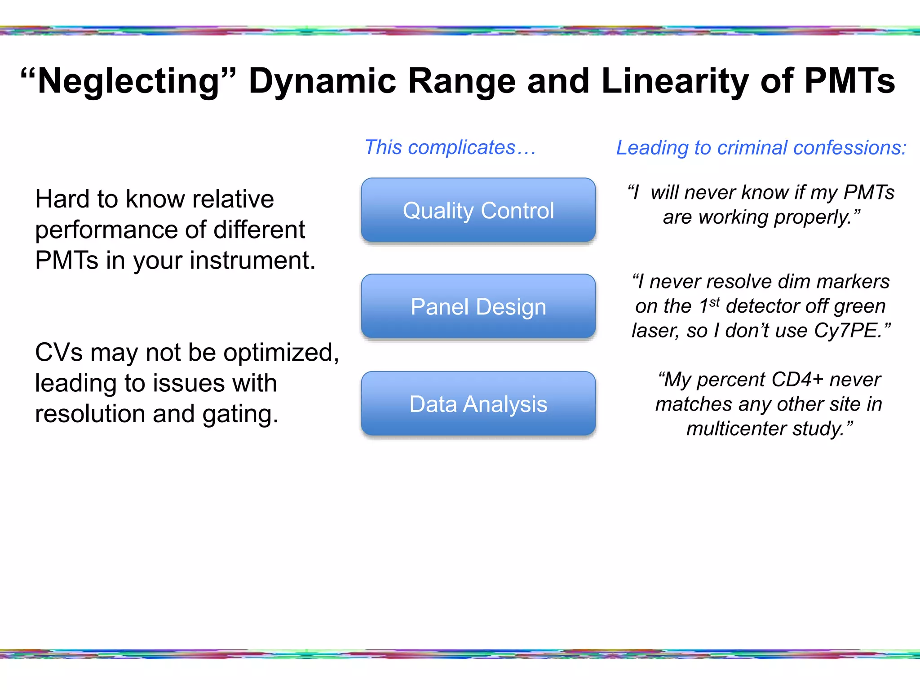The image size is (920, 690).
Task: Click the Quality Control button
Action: click(x=478, y=210)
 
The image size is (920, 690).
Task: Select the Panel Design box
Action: click(x=478, y=307)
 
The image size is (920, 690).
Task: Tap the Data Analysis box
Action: click(x=478, y=404)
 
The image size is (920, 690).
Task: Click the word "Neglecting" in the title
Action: click(x=128, y=81)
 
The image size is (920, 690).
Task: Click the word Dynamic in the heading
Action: click(x=322, y=81)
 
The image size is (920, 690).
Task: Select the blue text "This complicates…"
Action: click(x=450, y=147)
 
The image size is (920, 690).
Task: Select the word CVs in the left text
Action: click(x=59, y=353)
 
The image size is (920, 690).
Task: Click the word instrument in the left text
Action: click(x=251, y=261)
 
